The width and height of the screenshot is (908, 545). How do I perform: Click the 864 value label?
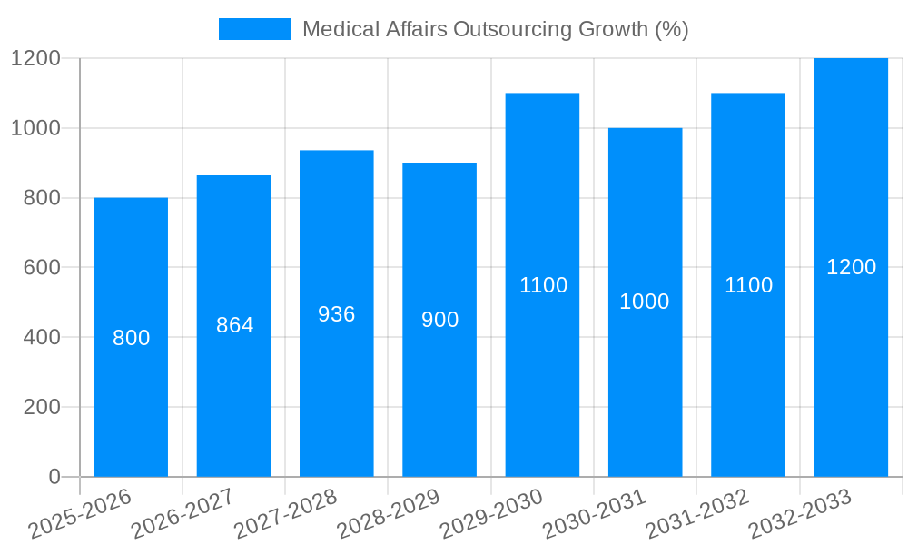click(234, 325)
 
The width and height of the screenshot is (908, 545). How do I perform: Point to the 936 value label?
click(337, 314)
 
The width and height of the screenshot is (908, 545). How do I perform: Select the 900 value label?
click(439, 320)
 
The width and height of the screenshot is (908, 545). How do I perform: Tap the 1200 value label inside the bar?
click(851, 267)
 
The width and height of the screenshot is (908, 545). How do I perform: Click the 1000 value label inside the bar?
click(645, 302)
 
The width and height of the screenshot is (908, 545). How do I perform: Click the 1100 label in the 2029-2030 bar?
click(543, 285)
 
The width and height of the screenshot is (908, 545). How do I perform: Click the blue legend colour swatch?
click(255, 29)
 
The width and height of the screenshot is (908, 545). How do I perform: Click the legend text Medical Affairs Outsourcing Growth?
click(495, 29)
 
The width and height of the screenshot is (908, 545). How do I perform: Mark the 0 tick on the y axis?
click(54, 477)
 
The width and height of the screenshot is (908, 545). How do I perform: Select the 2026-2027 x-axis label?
click(183, 515)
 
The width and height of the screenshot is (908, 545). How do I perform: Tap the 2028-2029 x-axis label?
click(389, 515)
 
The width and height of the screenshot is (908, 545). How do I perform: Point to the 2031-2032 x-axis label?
click(697, 515)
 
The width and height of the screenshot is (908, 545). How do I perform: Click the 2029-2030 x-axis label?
click(491, 515)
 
